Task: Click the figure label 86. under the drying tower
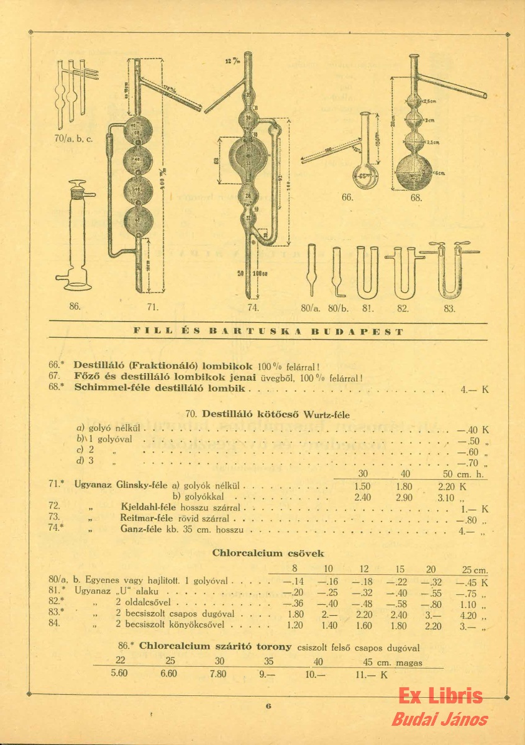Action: tap(75, 307)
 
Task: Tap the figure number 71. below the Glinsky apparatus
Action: tap(153, 307)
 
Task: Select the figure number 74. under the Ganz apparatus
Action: tap(252, 307)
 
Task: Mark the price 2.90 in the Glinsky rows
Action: tap(404, 499)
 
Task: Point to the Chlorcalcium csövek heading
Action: tap(268, 553)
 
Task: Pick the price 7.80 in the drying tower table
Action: tap(217, 674)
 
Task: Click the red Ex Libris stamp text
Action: tap(440, 696)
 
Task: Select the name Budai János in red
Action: tap(440, 720)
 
